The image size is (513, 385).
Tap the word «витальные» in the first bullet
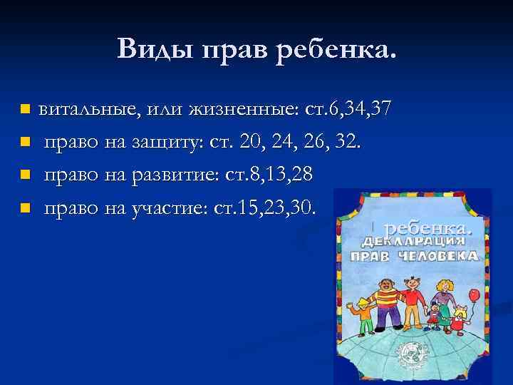pyautogui.click(x=89, y=110)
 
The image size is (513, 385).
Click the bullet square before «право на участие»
pyautogui.click(x=24, y=208)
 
